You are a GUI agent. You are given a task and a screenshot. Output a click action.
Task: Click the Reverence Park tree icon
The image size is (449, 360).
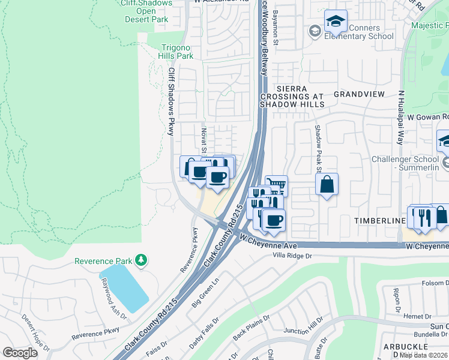coord(142,260)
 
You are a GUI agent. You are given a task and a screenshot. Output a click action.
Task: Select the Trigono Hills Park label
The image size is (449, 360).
coord(170,52)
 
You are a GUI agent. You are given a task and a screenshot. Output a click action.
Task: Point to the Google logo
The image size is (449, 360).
coord(20,353)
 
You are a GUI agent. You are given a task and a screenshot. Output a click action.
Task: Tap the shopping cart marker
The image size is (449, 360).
coord(276,185)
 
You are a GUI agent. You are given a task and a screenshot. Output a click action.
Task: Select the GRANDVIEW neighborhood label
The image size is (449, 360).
coord(359,95)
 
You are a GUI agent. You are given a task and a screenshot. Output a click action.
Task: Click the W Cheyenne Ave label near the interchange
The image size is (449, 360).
coord(268,242)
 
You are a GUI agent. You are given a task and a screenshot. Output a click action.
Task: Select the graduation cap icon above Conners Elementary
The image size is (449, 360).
coord(336,22)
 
